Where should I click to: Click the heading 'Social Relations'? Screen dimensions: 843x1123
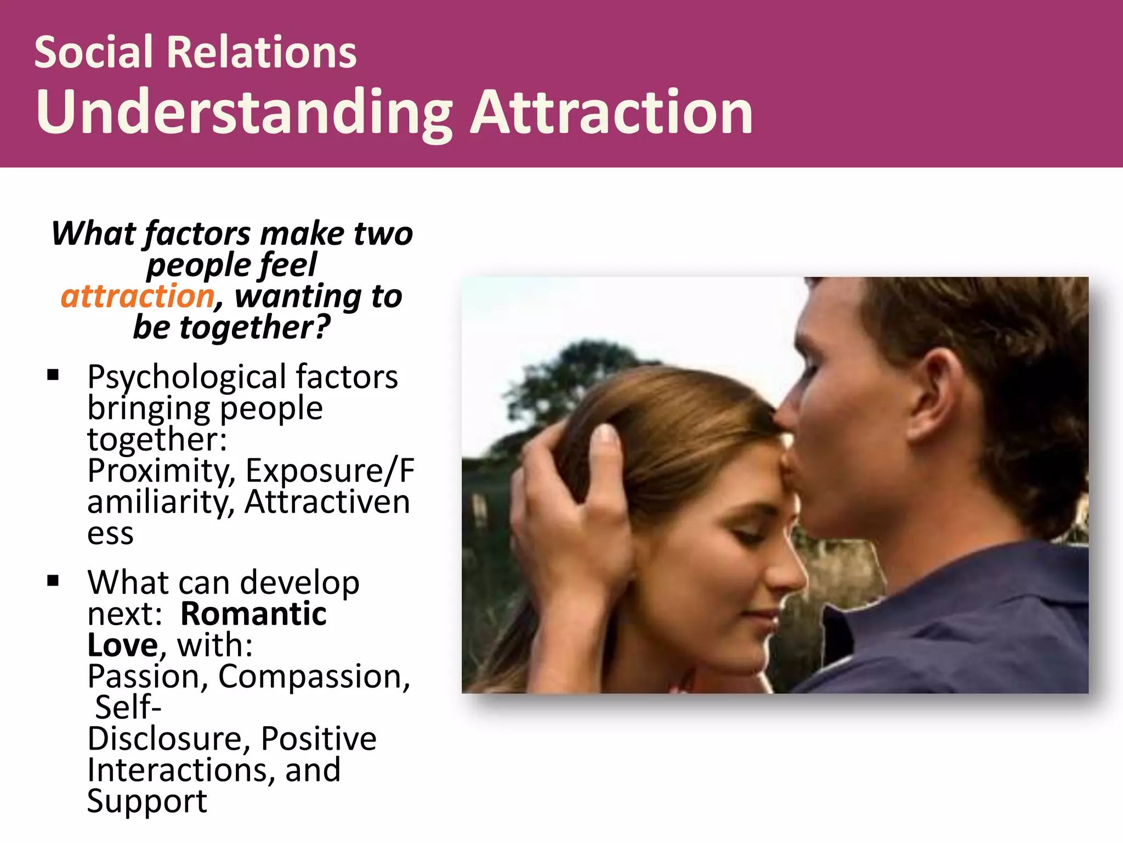point(195,52)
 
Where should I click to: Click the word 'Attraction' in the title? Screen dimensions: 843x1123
point(611,113)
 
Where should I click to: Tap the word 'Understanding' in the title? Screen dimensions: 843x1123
point(244,113)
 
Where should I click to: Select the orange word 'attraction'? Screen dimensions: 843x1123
point(137,296)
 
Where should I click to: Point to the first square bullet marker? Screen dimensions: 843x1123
point(53,375)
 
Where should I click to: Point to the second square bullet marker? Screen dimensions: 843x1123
point(53,581)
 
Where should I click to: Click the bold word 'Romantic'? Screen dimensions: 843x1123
point(253,614)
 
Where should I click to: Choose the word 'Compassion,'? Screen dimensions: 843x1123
point(314,676)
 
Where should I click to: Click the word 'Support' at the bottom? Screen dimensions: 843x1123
point(147,801)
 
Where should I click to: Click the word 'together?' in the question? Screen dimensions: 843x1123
point(256,328)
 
